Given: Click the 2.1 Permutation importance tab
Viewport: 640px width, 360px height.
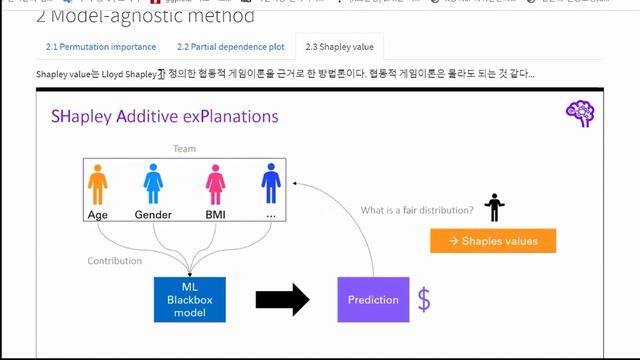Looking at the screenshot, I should click(100, 47).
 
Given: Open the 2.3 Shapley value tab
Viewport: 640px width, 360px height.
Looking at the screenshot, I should click(338, 47).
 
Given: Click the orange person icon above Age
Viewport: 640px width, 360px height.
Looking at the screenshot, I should click(97, 186).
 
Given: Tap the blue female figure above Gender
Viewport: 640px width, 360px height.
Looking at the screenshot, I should click(153, 186).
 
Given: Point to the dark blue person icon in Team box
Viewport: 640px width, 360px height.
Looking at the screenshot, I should click(269, 186).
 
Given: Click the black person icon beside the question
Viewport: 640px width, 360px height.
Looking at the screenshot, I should click(492, 207).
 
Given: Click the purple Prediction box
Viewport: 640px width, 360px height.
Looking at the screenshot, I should click(372, 300).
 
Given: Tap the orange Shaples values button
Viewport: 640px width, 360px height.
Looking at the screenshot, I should click(493, 241).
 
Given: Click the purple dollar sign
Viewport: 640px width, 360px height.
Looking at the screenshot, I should click(424, 299).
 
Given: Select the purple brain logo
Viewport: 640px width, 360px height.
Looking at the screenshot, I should click(580, 113).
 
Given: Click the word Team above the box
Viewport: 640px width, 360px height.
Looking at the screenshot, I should click(184, 147).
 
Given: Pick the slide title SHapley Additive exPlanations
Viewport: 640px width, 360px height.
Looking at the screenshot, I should click(165, 117).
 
